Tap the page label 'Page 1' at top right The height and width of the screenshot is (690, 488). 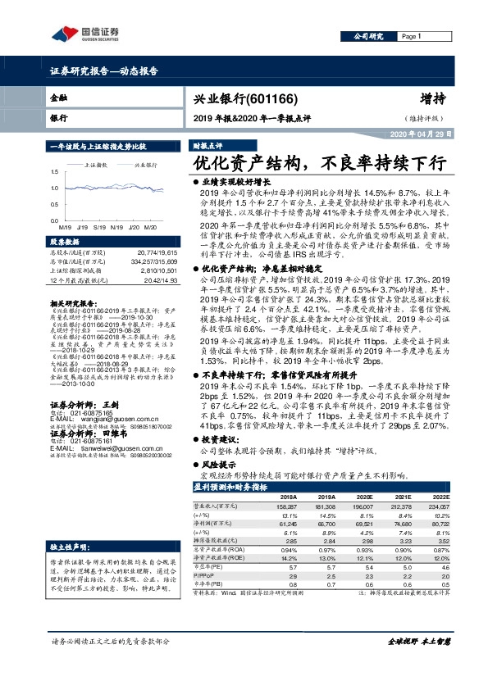coord(412,37)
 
